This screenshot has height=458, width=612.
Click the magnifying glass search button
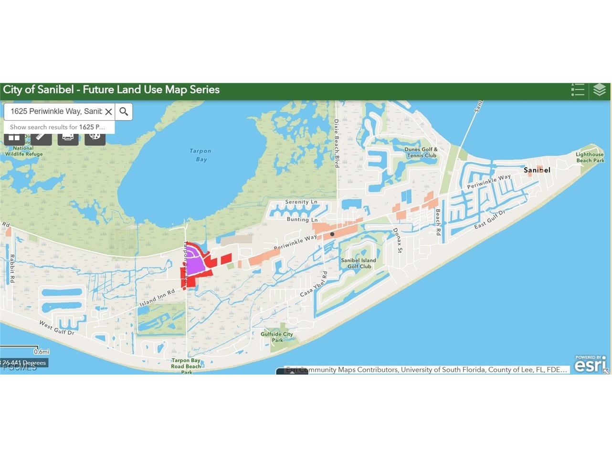pyautogui.click(x=124, y=112)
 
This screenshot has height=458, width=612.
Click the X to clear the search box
pyautogui.click(x=108, y=112)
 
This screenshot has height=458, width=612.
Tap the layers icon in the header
pyautogui.click(x=599, y=90)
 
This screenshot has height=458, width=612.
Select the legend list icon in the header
pyautogui.click(x=578, y=90)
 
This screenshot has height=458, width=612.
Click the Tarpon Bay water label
pyautogui.click(x=200, y=155)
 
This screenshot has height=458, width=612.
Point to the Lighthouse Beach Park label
pyautogui.click(x=590, y=157)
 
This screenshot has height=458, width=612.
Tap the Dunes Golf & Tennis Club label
pyautogui.click(x=421, y=153)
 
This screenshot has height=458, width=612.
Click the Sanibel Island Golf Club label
pyautogui.click(x=359, y=263)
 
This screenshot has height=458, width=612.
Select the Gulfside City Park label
pyautogui.click(x=277, y=337)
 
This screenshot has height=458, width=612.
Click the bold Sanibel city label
pyautogui.click(x=537, y=170)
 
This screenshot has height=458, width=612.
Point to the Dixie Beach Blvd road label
pyautogui.click(x=337, y=143)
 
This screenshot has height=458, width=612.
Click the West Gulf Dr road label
pyautogui.click(x=56, y=327)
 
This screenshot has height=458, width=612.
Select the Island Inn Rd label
pyautogui.click(x=158, y=297)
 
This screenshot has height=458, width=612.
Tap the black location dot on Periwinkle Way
pyautogui.click(x=332, y=234)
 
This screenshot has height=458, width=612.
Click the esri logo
pyautogui.click(x=590, y=365)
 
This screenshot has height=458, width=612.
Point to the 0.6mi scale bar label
pyautogui.click(x=42, y=352)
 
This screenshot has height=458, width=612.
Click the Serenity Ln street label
pyautogui.click(x=301, y=202)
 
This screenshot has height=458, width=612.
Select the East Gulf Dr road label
pyautogui.click(x=489, y=219)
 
